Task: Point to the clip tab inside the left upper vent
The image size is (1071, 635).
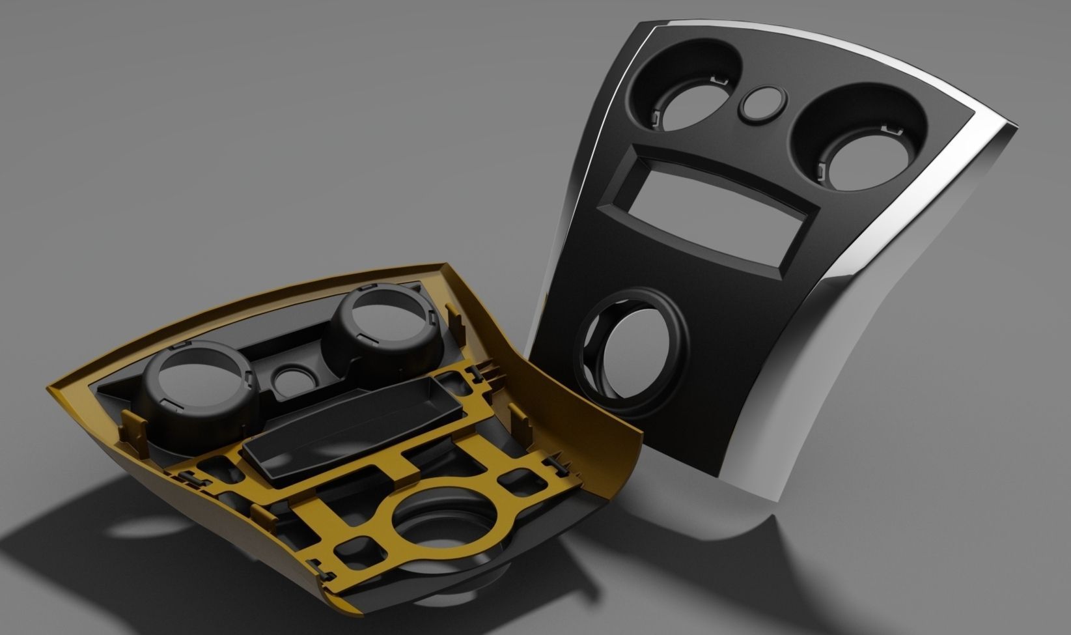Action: pyautogui.click(x=656, y=117)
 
